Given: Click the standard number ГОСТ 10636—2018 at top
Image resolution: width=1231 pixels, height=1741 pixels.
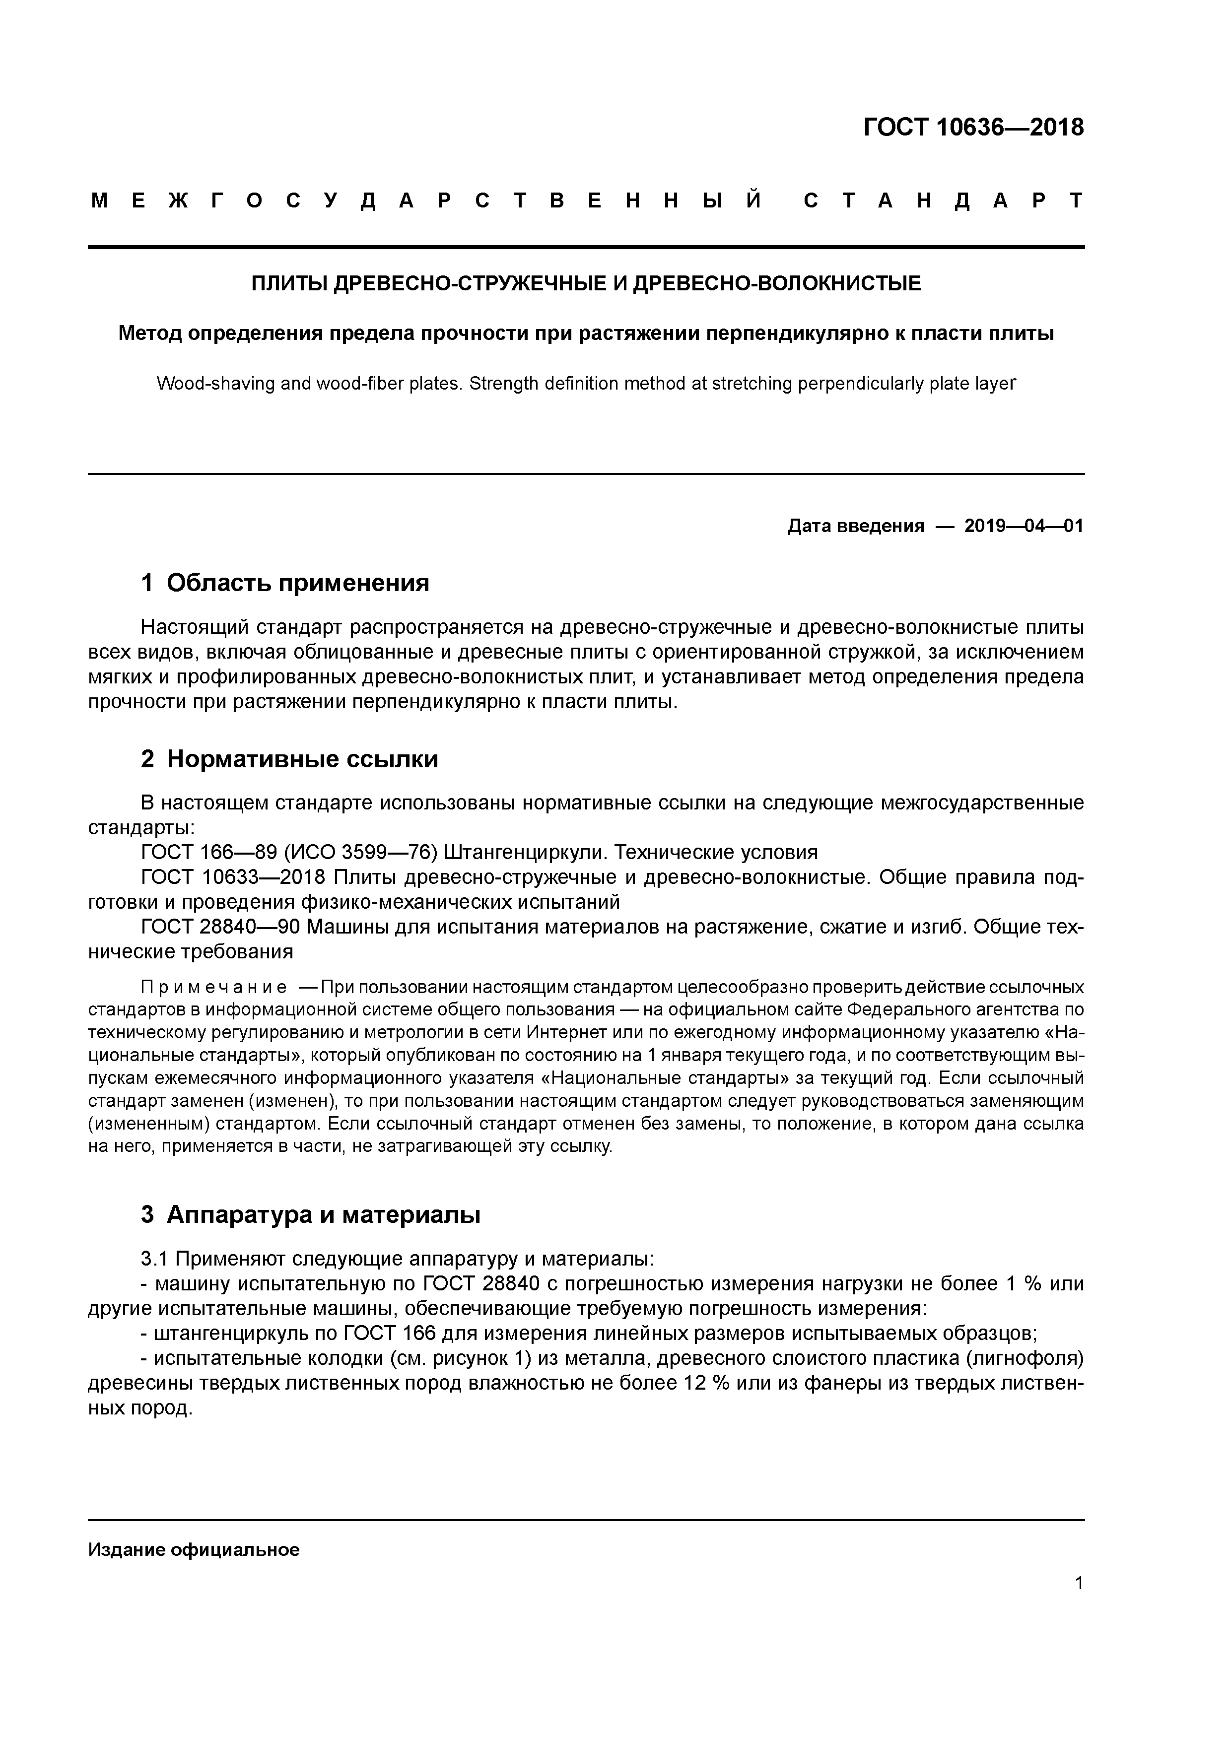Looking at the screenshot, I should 973,128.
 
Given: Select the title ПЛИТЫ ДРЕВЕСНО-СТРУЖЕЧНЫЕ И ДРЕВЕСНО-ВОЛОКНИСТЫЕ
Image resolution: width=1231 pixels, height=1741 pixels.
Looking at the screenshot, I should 586,283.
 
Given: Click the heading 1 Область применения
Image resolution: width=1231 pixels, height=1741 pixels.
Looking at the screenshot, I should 285,583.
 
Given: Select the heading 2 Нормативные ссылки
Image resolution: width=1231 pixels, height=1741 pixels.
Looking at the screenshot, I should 290,759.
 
